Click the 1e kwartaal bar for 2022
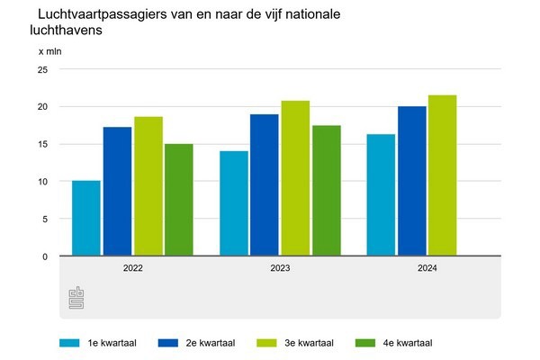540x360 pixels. pyautogui.click(x=86, y=219)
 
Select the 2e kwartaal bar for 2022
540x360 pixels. pyautogui.click(x=117, y=192)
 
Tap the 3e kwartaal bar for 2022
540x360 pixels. pyautogui.click(x=148, y=186)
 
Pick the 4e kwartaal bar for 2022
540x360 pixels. pyautogui.click(x=178, y=200)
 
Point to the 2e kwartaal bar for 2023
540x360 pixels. pyautogui.click(x=265, y=185)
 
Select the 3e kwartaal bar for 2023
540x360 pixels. pyautogui.click(x=295, y=178)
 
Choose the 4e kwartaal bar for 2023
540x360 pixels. pyautogui.click(x=326, y=191)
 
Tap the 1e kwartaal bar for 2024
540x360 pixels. pyautogui.click(x=381, y=195)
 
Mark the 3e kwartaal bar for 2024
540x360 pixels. pyautogui.click(x=443, y=175)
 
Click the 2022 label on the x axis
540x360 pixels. pyautogui.click(x=132, y=267)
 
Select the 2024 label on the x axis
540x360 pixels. pyautogui.click(x=427, y=267)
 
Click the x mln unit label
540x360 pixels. pyautogui.click(x=49, y=50)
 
